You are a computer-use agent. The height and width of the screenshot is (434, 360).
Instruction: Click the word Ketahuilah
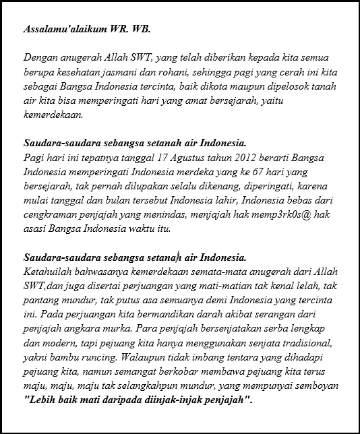(48, 272)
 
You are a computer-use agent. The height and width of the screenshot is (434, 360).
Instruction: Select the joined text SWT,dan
(44, 286)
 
